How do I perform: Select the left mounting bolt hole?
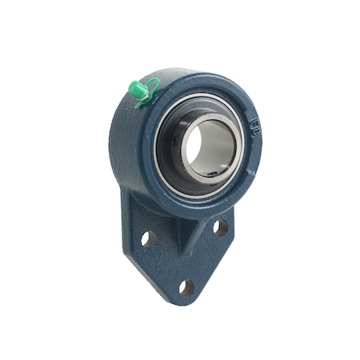[146, 238]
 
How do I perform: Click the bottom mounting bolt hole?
[186, 286]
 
